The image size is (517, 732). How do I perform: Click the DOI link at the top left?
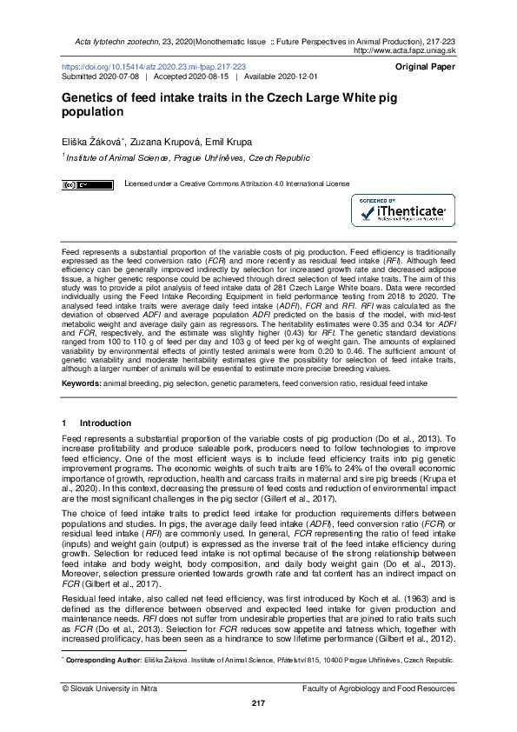[x=153, y=66]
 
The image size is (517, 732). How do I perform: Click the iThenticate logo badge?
[x=402, y=211]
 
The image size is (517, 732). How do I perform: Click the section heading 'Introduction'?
[x=105, y=423]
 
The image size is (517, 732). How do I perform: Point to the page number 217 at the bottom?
[x=258, y=702]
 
